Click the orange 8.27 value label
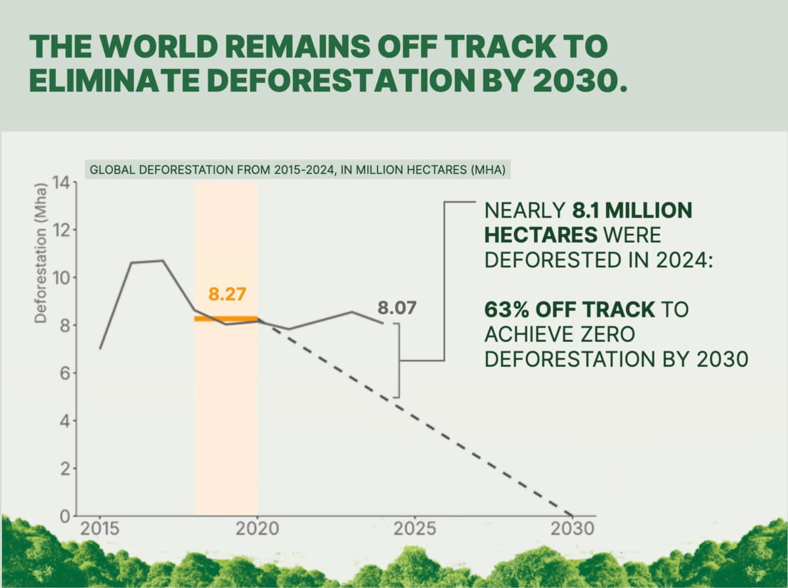227,294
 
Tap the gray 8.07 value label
397,308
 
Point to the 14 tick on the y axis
61,183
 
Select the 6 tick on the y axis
65,373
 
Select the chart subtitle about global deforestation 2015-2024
297,170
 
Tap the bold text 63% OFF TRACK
569,309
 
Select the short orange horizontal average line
226,319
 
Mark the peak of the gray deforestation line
162,261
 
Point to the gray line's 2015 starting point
100,349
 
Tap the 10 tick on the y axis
61,278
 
